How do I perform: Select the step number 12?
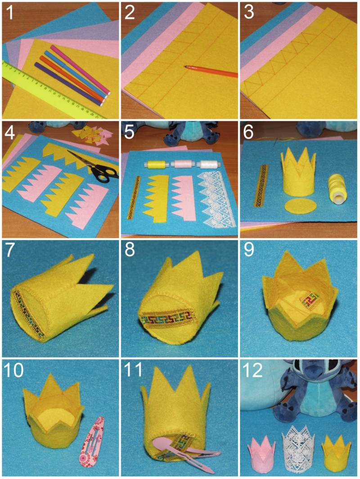tap(253, 370)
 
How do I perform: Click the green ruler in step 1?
tap(52, 89)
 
